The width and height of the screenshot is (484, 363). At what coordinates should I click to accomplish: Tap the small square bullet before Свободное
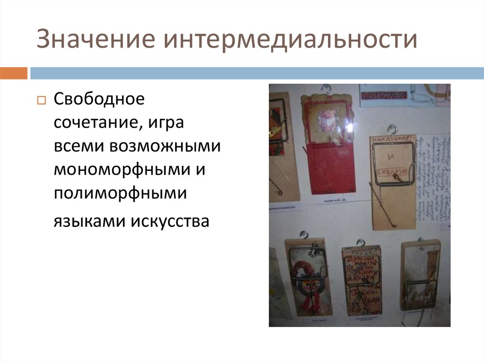[x=41, y=101]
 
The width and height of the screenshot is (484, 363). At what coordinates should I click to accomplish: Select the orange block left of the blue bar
[x=13, y=73]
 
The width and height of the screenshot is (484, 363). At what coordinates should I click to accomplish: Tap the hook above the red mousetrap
[x=326, y=89]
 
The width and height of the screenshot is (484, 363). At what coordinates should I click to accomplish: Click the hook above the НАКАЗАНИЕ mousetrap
[x=392, y=129]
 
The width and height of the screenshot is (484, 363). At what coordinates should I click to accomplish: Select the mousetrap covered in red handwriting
[x=362, y=279]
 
